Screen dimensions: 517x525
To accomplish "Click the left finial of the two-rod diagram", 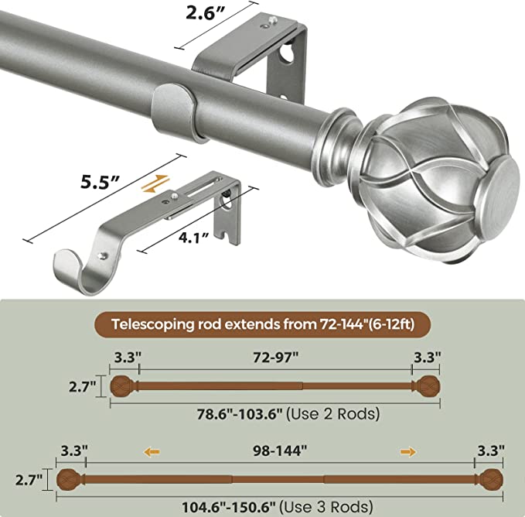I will point(120,385).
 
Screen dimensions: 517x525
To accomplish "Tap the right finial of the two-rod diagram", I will point(429,385).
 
